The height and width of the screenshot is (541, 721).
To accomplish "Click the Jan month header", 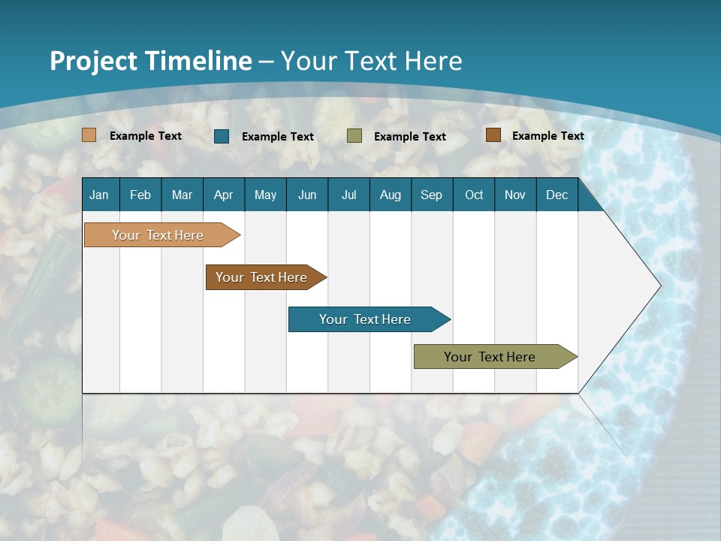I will (x=99, y=195).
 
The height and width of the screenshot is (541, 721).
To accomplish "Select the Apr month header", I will (x=224, y=195).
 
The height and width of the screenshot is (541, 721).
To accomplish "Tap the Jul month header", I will (x=349, y=195).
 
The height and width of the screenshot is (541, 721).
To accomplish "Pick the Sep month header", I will (x=431, y=195).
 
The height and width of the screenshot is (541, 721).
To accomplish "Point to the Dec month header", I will (x=557, y=195).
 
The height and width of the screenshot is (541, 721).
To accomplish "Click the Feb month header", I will (x=140, y=195).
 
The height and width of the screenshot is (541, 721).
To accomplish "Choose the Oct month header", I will (x=474, y=195).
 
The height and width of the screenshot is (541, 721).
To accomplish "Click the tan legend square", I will (x=89, y=135).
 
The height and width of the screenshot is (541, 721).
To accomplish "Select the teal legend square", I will (x=222, y=136).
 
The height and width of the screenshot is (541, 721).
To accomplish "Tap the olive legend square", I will (x=354, y=136).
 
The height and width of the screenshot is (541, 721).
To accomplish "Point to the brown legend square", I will (x=493, y=135).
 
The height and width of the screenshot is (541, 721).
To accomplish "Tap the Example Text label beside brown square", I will (x=548, y=136).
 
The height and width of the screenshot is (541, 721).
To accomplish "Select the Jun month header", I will (x=307, y=195).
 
